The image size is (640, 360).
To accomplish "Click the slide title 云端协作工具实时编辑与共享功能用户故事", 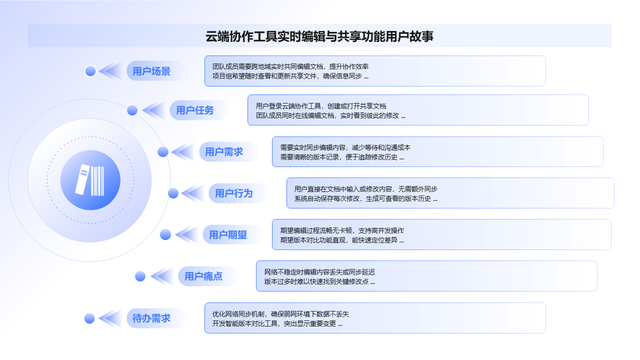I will click(319, 36).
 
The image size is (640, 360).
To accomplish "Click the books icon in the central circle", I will click(90, 180).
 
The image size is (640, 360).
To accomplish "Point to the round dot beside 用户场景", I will click(90, 71).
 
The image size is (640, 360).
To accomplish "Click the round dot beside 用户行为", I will click(173, 193).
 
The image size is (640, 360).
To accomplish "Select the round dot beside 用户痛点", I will click(140, 276).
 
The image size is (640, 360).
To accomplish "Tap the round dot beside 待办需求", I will click(89, 318).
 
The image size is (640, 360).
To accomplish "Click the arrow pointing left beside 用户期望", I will click(187, 234).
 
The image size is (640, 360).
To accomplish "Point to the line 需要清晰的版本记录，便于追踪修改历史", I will click(342, 157).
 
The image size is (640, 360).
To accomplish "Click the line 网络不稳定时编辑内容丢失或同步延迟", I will click(319, 272).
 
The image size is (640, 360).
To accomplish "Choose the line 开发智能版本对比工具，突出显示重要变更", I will click(277, 323).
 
